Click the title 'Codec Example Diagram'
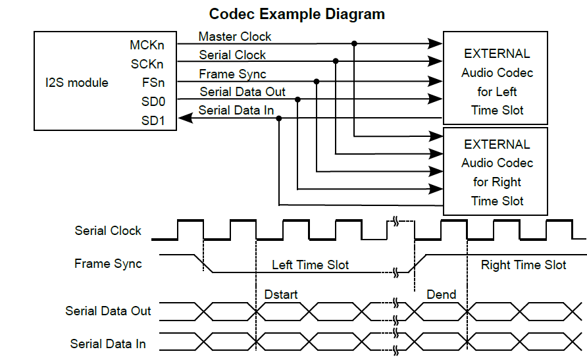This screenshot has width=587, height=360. point(297,13)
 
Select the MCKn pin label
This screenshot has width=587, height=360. point(147,45)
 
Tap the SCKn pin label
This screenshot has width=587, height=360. point(147,64)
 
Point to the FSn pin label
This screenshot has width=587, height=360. point(153,83)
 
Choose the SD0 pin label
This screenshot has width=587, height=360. point(153,102)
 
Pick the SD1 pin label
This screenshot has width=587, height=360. point(153,121)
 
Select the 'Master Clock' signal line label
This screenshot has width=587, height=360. point(235,36)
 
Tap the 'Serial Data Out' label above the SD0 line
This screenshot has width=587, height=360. point(242,92)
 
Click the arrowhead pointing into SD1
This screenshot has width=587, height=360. point(186,118)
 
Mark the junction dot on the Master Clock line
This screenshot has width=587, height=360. point(355,43)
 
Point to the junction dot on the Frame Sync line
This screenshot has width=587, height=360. point(317,82)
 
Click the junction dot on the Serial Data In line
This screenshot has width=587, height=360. point(279,118)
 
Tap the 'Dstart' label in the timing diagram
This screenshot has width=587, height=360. point(281,294)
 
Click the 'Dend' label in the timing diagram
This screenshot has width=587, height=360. point(441,294)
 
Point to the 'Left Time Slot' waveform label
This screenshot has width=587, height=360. point(310,265)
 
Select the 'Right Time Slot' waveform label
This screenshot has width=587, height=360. point(523,265)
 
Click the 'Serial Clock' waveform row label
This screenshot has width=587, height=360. point(108,230)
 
